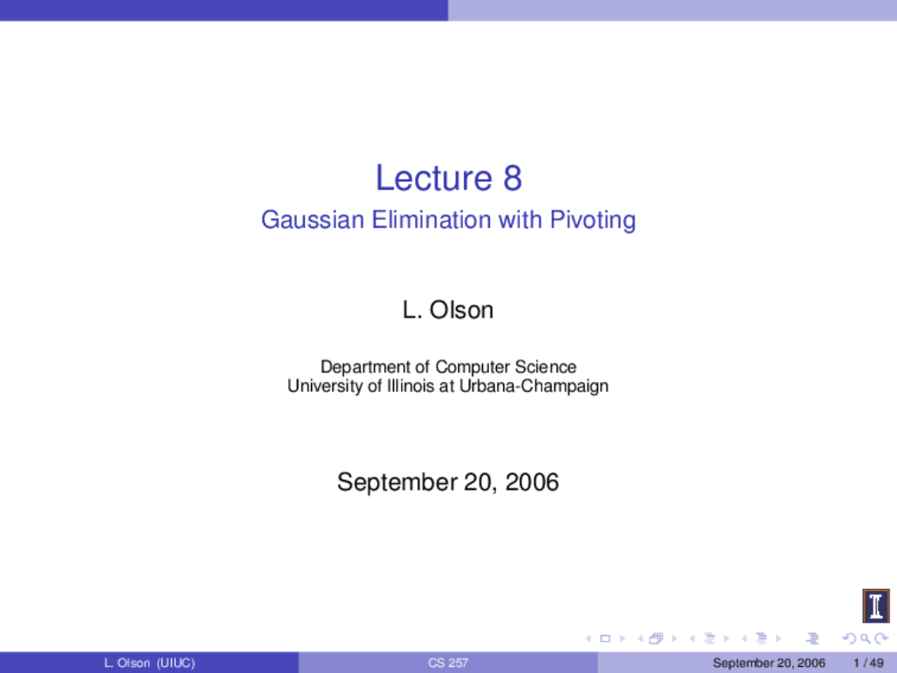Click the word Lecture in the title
[434, 178]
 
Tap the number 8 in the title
[512, 178]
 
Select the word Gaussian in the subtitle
[313, 220]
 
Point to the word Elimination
[431, 220]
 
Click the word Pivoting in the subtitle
[593, 220]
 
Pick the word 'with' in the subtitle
[520, 220]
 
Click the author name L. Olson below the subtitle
[448, 310]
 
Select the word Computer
[472, 367]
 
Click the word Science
[545, 367]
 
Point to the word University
[324, 386]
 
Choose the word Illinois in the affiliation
[411, 386]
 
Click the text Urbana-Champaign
[533, 386]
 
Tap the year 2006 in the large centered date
[532, 482]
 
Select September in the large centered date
[397, 482]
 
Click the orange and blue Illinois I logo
[875, 606]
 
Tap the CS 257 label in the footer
[448, 662]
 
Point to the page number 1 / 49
[868, 662]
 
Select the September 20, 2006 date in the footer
[769, 662]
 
